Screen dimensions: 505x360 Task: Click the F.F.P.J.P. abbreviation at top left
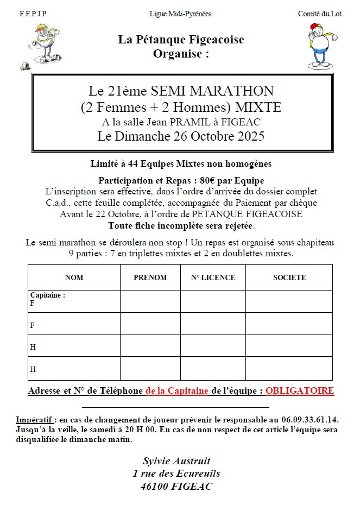[33, 14]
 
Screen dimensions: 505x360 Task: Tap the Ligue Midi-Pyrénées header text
[180, 14]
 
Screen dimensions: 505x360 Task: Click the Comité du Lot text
[319, 14]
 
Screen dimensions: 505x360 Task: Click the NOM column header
[74, 277]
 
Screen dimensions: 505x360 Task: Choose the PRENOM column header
[150, 277]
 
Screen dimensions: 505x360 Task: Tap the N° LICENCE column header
[213, 277]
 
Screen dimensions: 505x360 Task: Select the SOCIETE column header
[289, 277]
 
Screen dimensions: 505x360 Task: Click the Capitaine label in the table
[48, 295]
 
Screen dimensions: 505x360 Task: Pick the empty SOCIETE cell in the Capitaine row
[289, 301]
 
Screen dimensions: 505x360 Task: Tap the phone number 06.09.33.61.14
[310, 420]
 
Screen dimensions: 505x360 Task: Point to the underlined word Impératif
[35, 420]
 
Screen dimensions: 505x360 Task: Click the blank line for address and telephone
[175, 406]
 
